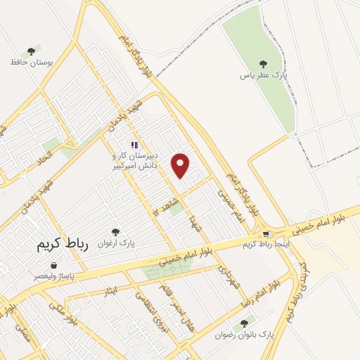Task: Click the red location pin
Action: pos(181,165)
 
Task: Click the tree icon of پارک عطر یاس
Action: pos(264,64)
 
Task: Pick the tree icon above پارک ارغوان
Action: pos(116,231)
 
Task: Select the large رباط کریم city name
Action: pos(60,246)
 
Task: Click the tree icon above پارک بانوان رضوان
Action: pos(244,323)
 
